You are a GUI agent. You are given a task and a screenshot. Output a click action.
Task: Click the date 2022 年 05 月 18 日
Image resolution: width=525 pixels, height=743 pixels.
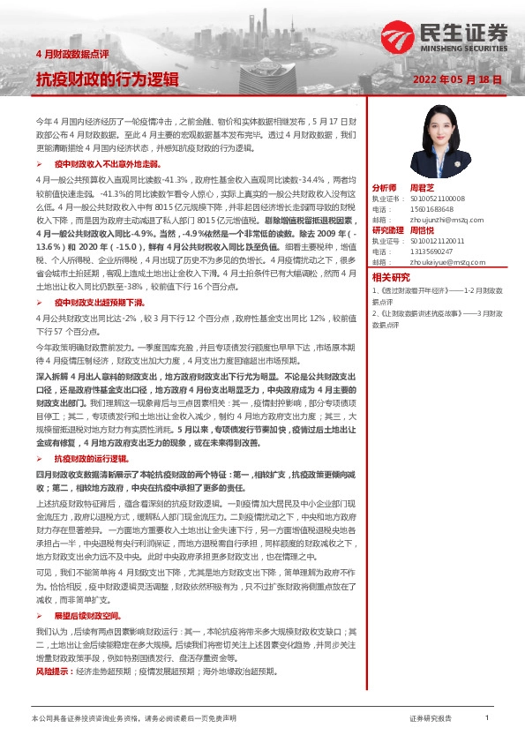point(458,79)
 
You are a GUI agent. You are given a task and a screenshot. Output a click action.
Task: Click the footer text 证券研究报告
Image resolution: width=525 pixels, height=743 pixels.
point(431,719)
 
